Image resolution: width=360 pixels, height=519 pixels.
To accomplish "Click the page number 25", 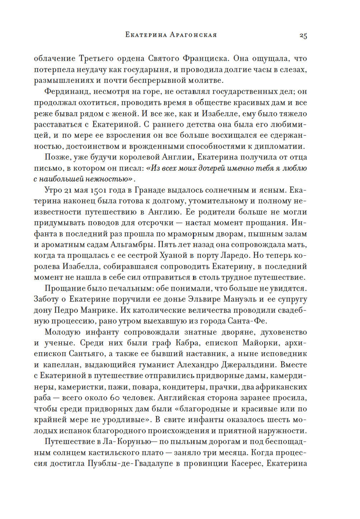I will [303, 36].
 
